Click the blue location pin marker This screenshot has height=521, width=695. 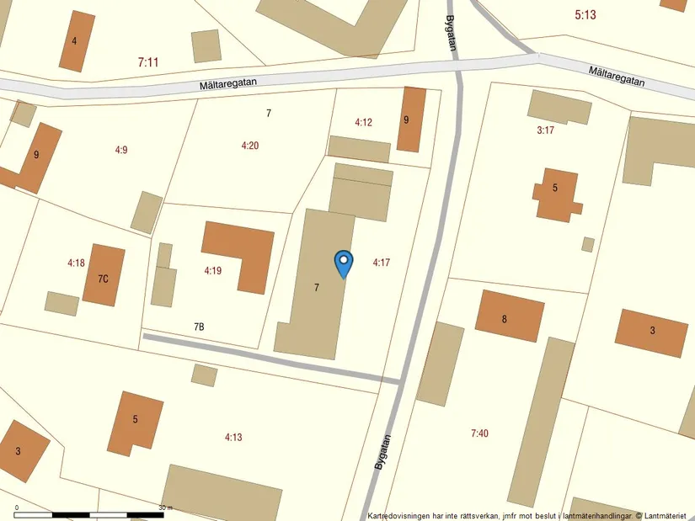coord(344,262)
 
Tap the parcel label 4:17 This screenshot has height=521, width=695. coord(381,263)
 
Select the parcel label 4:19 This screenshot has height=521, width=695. coord(212,271)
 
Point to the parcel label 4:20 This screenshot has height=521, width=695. coord(249,146)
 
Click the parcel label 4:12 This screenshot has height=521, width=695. coord(363,122)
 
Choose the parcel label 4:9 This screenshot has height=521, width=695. coord(121,150)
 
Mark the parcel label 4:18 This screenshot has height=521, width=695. coord(76,263)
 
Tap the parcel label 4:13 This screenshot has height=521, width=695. coord(233,437)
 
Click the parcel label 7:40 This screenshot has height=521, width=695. coord(479,433)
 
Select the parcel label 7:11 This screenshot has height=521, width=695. coord(147,61)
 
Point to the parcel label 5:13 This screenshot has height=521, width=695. coord(585,14)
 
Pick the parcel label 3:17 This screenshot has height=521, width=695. coord(545,130)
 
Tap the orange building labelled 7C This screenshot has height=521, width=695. coord(104,276)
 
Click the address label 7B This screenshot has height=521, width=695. coord(199,327)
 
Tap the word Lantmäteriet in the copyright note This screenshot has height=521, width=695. coord(668,515)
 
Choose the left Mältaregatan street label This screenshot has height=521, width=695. coord(228,83)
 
